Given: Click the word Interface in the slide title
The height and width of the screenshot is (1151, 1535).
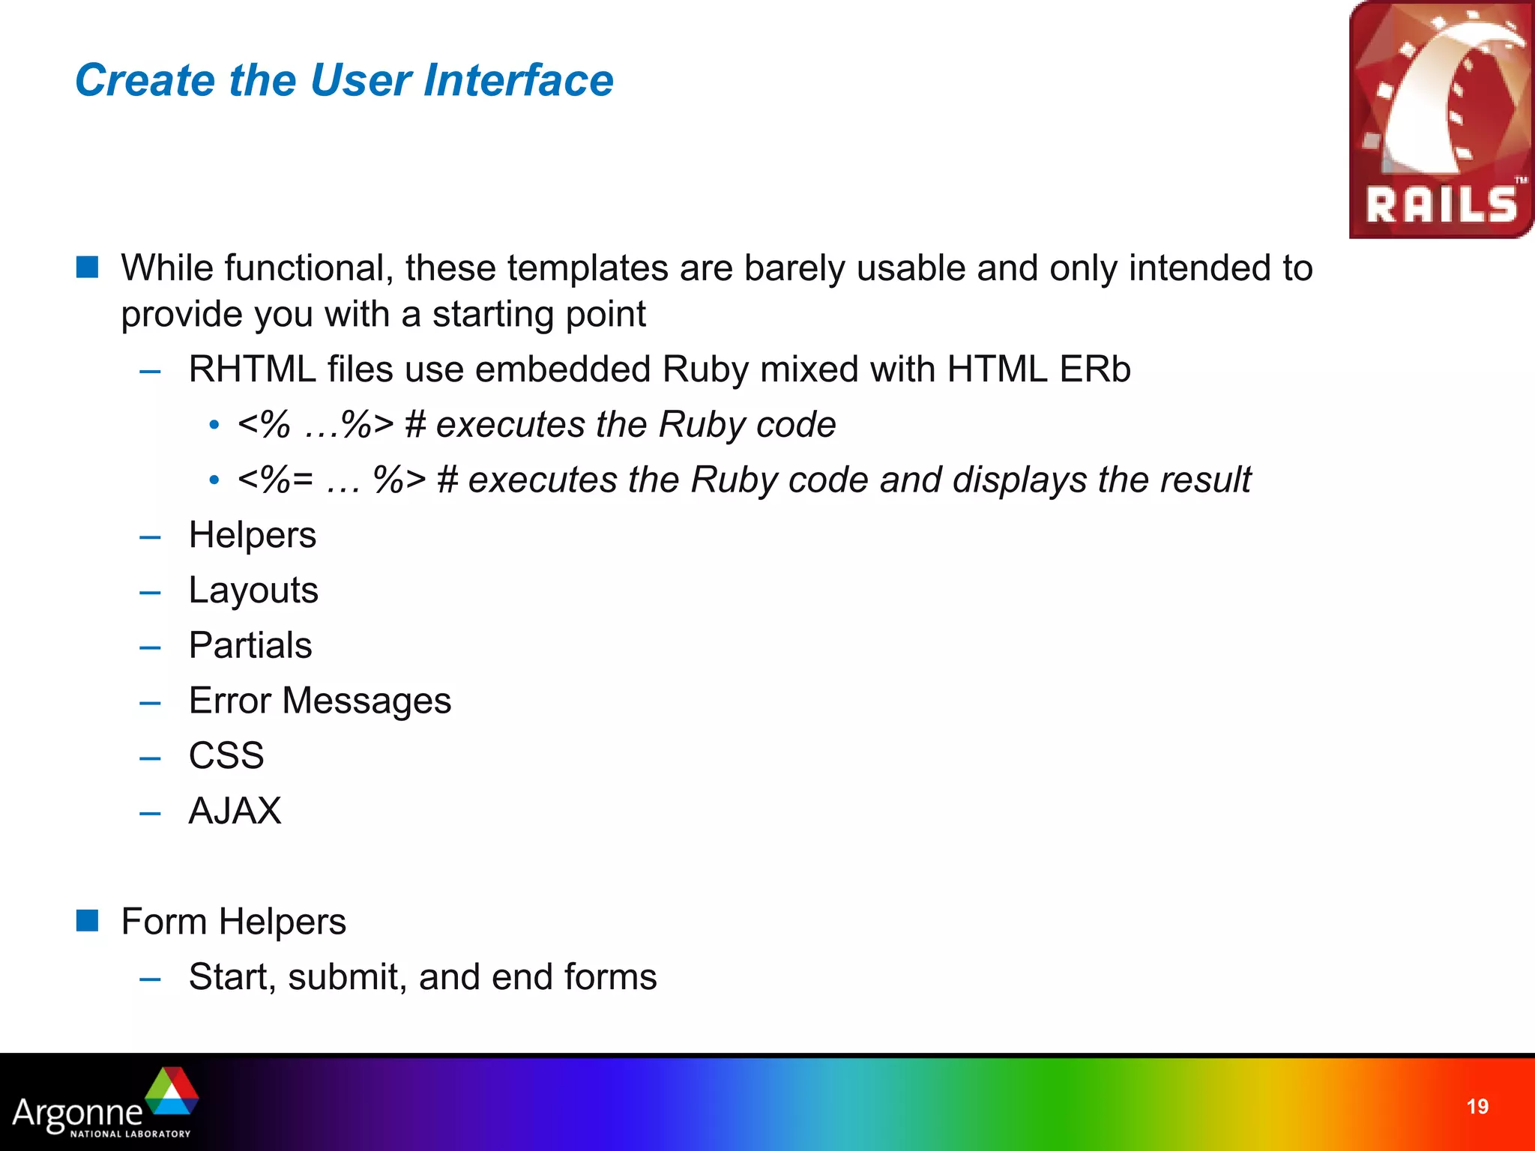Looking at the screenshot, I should pos(518,80).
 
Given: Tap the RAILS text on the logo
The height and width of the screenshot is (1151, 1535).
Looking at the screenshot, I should pos(1441,205).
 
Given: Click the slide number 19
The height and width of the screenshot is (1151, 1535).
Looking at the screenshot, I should pos(1477,1107).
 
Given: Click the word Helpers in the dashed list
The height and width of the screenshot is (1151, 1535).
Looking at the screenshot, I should pos(253,535).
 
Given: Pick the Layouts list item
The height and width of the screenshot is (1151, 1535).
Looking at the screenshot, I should pos(253,590).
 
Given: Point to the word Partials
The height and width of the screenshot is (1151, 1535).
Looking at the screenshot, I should pos(250,645).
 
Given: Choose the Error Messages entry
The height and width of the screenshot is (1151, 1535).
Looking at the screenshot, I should pos(320,701).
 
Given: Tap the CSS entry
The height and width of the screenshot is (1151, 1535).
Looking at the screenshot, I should pos(226,755).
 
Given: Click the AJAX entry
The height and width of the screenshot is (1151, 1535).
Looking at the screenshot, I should pos(235,811).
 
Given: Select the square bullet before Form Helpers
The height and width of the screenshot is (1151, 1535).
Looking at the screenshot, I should pos(88,921).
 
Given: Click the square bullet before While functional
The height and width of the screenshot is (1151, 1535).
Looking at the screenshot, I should pos(88,267).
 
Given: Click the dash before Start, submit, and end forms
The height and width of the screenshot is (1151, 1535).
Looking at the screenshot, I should pos(150,979).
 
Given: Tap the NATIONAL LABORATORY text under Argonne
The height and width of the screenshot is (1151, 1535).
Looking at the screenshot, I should pos(130,1134).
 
